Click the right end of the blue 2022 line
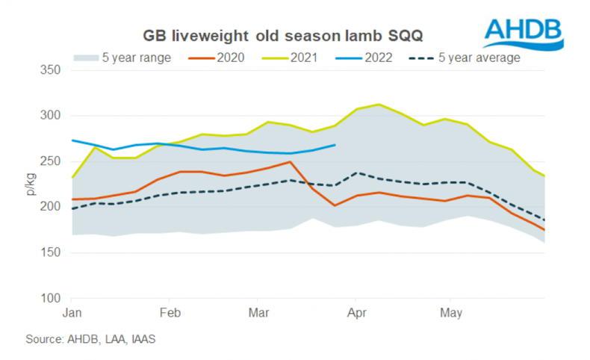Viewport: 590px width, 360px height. (335, 145)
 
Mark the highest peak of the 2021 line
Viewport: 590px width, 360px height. (380, 105)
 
